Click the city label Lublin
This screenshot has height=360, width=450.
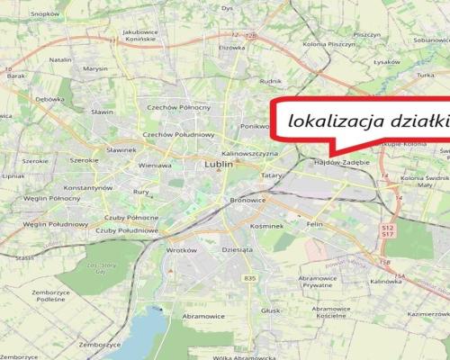[x=219, y=166]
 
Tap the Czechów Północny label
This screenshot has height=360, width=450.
[x=182, y=108]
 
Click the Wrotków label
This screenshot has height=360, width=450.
[x=181, y=249]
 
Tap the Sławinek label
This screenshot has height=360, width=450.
[x=121, y=149]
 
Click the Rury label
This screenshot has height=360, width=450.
[x=140, y=191]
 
